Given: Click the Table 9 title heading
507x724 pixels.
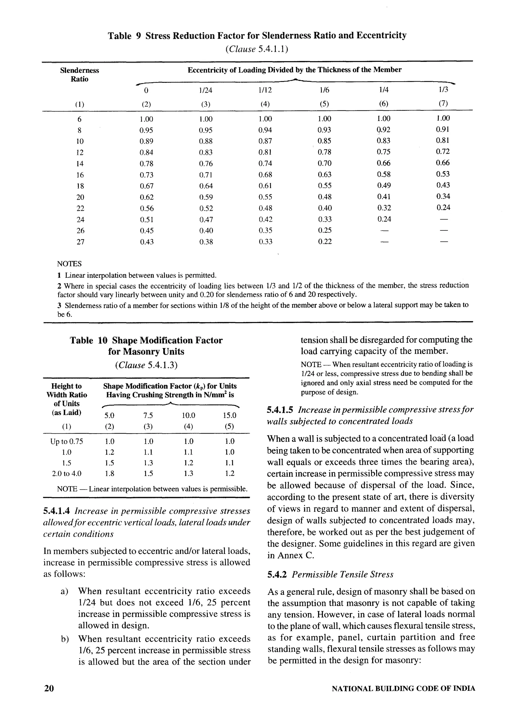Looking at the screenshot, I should (257, 35).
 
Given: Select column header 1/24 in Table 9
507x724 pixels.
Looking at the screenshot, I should (205, 90).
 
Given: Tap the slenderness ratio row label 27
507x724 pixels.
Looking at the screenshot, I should (80, 242).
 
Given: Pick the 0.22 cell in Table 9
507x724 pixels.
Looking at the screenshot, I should (325, 242).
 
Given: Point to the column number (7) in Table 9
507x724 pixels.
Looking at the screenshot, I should (443, 104).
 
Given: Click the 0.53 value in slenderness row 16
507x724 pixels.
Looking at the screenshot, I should (443, 174).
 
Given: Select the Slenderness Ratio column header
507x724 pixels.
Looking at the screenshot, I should (79, 75).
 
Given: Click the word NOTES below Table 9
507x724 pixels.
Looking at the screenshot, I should (69, 264).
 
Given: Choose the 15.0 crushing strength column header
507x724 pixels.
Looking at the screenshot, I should (229, 416).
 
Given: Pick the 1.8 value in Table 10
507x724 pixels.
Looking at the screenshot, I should (109, 473).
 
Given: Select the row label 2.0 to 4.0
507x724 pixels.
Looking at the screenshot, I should (67, 473).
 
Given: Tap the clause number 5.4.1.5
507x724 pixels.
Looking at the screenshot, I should (280, 410).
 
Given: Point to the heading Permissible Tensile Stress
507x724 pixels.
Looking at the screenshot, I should (342, 574).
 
